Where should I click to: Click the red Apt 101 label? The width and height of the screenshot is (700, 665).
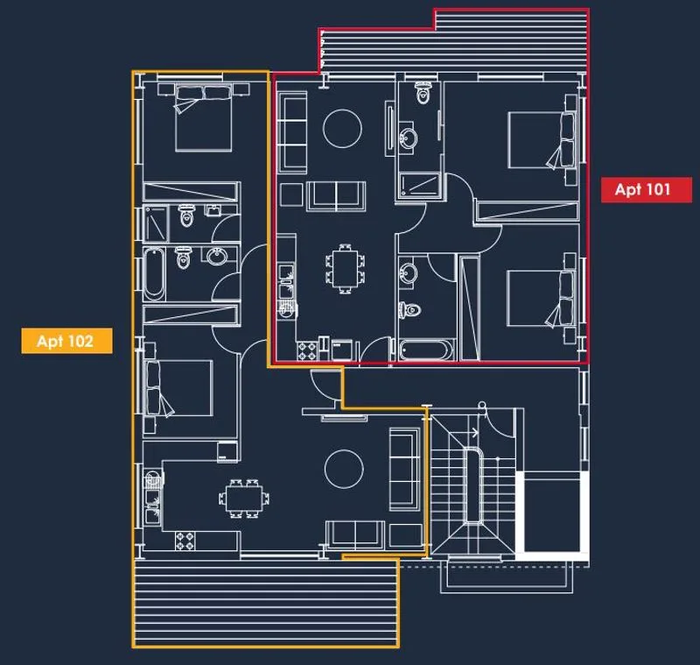click(x=646, y=189)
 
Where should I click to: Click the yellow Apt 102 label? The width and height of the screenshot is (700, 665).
click(x=66, y=341)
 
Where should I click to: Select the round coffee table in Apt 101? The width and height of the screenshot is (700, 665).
click(x=342, y=128)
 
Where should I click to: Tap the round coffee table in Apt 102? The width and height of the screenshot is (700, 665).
click(x=344, y=469)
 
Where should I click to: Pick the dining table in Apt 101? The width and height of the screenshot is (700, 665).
click(x=345, y=269)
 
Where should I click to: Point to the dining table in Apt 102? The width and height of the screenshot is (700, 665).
click(x=244, y=499)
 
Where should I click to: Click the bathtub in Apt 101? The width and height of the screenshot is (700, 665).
click(x=426, y=350)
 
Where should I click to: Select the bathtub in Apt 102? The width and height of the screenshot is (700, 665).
click(x=154, y=273)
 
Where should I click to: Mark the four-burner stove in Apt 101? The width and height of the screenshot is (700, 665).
click(x=308, y=350)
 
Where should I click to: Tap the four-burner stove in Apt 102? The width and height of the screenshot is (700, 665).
click(x=185, y=541)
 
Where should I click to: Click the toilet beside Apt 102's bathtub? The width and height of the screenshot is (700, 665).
click(x=183, y=258)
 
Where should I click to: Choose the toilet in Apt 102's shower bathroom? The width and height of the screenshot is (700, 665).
click(x=186, y=216)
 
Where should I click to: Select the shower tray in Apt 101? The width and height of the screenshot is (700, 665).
click(x=419, y=185)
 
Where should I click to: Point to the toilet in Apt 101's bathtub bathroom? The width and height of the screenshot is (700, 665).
click(x=410, y=309)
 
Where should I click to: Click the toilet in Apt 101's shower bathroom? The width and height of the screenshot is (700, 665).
click(x=423, y=92)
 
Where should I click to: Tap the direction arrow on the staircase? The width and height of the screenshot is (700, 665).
click(x=472, y=432)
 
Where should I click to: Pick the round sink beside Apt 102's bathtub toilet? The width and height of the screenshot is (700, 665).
click(x=216, y=256)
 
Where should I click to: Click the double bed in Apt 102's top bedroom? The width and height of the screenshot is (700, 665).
click(x=204, y=118)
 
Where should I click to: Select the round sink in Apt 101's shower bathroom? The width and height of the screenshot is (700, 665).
click(x=408, y=138)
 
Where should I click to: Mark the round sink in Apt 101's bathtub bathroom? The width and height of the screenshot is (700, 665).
click(x=408, y=272)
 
